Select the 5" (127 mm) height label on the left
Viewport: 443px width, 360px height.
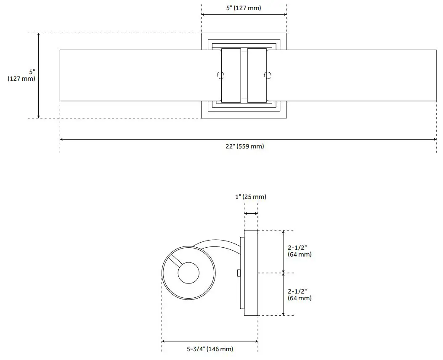[x=21, y=75]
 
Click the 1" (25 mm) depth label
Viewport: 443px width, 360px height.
[x=251, y=197]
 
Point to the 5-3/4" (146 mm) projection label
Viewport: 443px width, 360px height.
[x=210, y=349]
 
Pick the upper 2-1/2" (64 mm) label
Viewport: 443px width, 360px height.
[x=300, y=251]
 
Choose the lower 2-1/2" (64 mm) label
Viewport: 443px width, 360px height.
[x=300, y=294]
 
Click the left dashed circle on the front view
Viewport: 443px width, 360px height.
[x=220, y=76]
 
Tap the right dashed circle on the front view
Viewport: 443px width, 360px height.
[x=267, y=76]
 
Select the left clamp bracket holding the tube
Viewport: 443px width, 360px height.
[x=231, y=75]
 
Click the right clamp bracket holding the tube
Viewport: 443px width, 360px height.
[x=257, y=75]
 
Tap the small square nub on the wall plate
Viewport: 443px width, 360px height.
[x=239, y=273]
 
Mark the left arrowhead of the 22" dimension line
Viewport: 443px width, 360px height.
[x=62, y=139]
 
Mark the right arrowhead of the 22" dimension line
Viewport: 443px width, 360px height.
[x=434, y=139]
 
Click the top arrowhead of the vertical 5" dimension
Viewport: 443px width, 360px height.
[x=39, y=35]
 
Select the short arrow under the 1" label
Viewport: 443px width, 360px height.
[x=251, y=214]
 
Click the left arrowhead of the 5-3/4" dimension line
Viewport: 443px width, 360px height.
[x=164, y=341]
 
